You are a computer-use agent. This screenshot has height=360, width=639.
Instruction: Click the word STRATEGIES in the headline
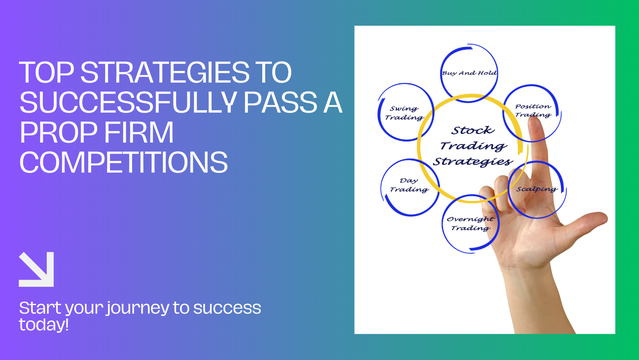click(x=165, y=72)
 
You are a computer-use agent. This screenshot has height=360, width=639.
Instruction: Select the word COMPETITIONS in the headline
click(x=124, y=162)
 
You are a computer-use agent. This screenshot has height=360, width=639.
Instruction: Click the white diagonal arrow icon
click(x=37, y=269)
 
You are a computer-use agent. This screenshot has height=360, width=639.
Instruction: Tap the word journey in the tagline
click(x=138, y=308)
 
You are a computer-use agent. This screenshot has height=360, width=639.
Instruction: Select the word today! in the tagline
click(x=44, y=325)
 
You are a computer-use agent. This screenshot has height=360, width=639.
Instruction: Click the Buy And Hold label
click(x=469, y=73)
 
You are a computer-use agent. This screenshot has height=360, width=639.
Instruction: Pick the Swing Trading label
click(x=404, y=113)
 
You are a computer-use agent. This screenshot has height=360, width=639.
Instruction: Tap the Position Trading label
click(x=533, y=111)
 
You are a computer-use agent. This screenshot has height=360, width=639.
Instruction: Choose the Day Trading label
click(x=409, y=185)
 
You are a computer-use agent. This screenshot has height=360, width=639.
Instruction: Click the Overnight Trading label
click(x=470, y=224)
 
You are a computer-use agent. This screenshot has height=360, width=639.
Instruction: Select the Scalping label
click(x=537, y=189)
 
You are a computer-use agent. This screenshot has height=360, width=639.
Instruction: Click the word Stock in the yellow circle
click(x=473, y=131)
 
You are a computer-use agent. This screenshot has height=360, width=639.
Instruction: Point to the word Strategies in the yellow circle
click(x=473, y=161)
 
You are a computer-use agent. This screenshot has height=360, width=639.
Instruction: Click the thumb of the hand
click(x=588, y=222)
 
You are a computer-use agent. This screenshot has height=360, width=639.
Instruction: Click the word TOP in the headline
click(x=46, y=72)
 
